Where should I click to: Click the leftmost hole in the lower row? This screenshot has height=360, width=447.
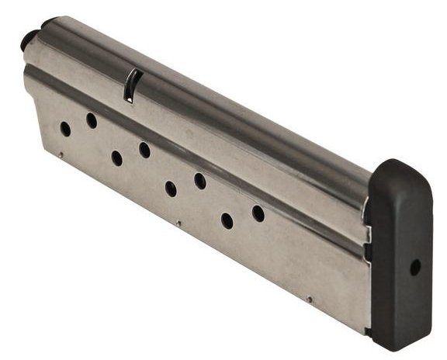tap(65, 129)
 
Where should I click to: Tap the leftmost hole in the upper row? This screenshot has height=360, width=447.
tap(92, 120)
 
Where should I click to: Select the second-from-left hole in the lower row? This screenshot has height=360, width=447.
tap(116, 158)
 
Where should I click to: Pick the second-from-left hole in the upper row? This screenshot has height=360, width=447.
tap(144, 149)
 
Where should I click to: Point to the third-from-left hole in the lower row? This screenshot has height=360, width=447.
tap(171, 189)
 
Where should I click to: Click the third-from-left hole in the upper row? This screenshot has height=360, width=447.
tap(200, 181)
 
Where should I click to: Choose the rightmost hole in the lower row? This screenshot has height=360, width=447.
tap(227, 220)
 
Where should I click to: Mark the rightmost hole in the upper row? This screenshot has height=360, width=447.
tap(258, 213)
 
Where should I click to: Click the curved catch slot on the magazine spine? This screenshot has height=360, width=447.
tap(131, 85)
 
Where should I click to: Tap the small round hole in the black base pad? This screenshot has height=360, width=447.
tap(415, 266)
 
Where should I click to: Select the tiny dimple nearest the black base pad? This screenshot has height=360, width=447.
tap(309, 299)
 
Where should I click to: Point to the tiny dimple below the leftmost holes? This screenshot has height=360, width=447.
tap(61, 154)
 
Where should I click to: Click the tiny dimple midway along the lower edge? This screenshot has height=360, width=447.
tap(179, 224)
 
